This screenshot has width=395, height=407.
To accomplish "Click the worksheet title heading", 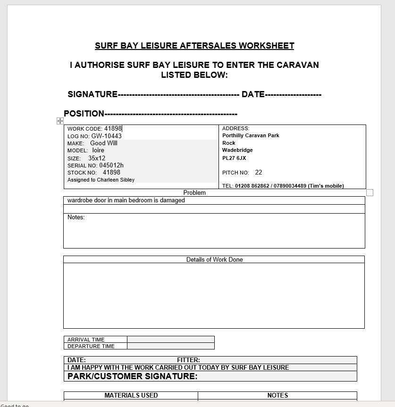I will point(194,46).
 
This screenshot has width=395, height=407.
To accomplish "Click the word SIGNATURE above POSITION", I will point(92,94).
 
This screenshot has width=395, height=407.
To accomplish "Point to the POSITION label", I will point(84,114).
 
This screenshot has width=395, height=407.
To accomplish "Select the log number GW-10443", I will point(106,136).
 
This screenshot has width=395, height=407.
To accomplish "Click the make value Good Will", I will point(104,143).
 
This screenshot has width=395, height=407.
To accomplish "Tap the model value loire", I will point(98,150).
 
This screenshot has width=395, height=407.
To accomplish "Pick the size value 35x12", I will point(97,158).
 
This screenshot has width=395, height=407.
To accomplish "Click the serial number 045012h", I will point(111,166).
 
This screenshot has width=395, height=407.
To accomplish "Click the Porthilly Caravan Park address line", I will point(251,136).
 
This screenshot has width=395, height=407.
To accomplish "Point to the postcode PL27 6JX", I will point(234,158).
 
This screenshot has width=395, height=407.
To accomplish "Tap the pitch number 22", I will point(259,173).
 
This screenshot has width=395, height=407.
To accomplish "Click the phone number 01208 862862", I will point(252,186).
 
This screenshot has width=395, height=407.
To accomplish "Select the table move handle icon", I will point(60,121).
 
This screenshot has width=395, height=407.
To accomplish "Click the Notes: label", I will point(76,217).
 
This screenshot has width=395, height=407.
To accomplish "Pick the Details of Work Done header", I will point(214,260).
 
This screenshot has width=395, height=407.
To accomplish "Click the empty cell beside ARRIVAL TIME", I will point(170,340).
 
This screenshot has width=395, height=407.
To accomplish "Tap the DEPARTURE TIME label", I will point(91,346).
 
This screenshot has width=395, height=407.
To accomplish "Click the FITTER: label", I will point(188,360).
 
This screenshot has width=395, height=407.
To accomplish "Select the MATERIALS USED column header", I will point(131,396).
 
